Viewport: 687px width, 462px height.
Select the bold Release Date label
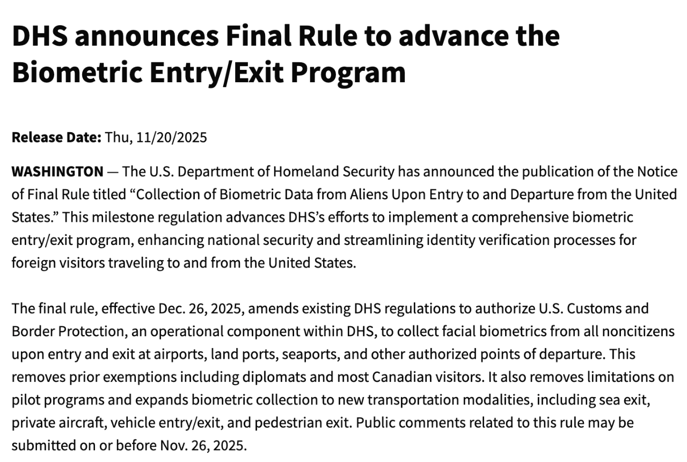tap(56, 138)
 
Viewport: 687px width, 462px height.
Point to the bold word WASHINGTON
tap(57, 172)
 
